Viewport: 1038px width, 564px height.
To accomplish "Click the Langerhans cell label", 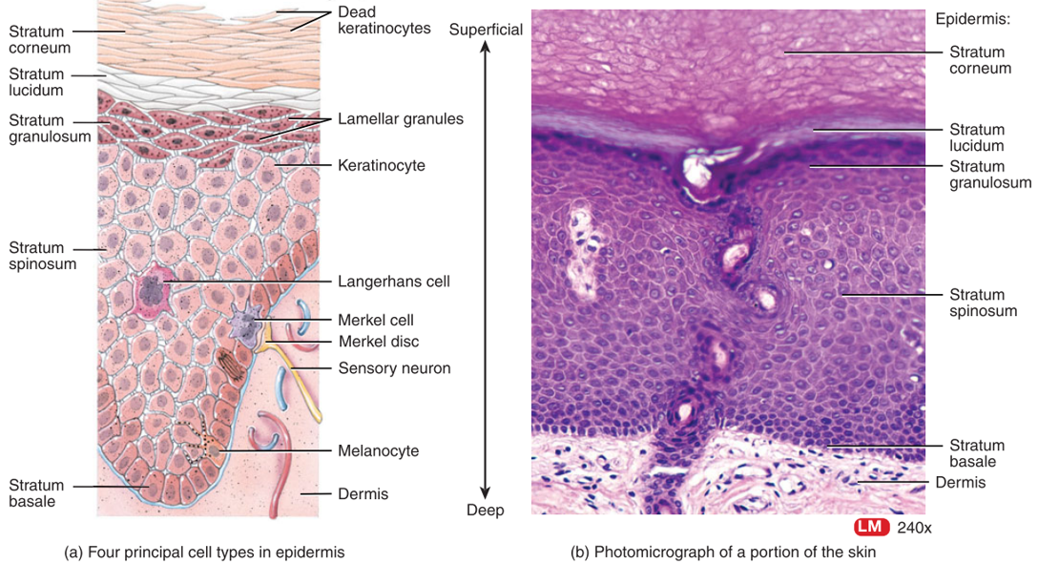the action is (x=393, y=282).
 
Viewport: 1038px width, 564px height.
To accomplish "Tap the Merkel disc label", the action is (x=378, y=341).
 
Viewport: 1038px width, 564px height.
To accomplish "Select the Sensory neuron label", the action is (x=394, y=367).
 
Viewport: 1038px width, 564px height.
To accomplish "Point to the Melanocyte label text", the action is (x=378, y=450).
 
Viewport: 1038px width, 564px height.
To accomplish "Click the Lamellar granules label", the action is (x=400, y=119).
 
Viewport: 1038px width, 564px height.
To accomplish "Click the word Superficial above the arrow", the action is (x=486, y=30).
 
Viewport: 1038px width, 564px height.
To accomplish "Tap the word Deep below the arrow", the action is (x=485, y=510).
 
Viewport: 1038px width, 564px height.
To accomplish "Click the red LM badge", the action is (x=870, y=527).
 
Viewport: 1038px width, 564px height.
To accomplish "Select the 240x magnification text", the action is (x=914, y=527).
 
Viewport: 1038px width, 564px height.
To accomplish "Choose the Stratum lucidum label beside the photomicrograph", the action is (x=976, y=137).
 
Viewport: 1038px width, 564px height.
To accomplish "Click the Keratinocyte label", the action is (x=381, y=166).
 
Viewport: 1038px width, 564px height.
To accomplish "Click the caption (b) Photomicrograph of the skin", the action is (x=723, y=552).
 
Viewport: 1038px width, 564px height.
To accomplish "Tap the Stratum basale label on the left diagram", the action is (x=36, y=492).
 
